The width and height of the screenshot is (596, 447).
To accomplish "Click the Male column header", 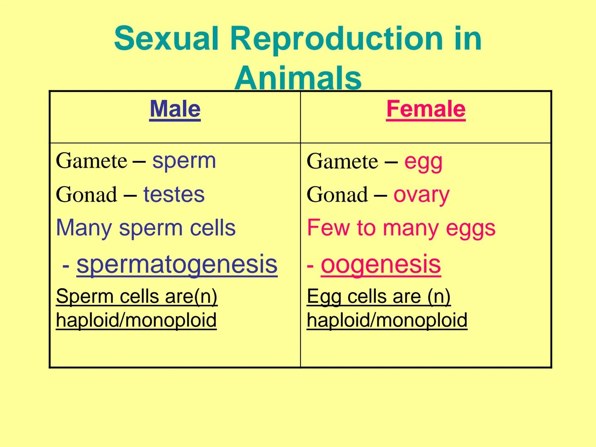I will (175, 109).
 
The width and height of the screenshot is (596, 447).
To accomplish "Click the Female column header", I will (425, 109).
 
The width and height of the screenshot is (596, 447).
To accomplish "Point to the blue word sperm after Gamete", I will (184, 161).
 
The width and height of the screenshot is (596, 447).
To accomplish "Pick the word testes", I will (174, 195).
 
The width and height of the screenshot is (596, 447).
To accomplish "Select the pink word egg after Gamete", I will (423, 161).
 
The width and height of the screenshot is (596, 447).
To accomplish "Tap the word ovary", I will (421, 195).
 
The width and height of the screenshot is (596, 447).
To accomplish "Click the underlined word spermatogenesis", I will (177, 264).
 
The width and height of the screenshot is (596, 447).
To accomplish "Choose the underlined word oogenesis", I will (380, 264).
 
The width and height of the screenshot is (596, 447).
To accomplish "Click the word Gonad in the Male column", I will (87, 195).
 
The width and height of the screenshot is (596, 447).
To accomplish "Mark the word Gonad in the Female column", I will (337, 195).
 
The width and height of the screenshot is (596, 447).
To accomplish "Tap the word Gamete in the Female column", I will (342, 161).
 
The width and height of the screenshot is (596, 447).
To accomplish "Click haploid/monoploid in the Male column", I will (136, 320).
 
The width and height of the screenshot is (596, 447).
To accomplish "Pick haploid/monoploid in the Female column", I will (387, 320).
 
